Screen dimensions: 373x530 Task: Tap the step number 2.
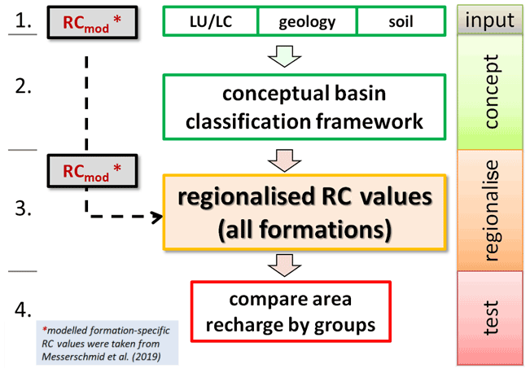coord(24,85)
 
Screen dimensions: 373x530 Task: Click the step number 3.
coord(24,209)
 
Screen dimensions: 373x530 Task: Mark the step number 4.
coord(24,311)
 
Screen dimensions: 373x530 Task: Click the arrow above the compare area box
coord(284,264)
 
